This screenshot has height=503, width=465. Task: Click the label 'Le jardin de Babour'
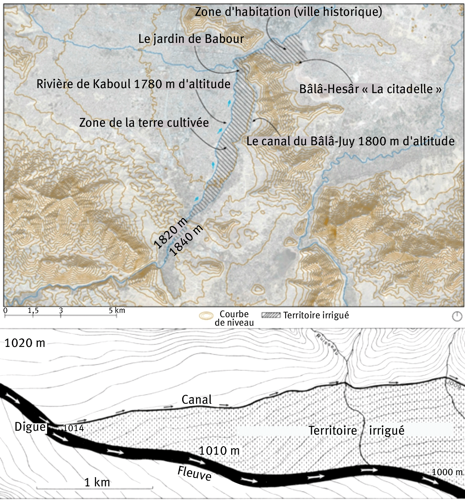coord(191,39)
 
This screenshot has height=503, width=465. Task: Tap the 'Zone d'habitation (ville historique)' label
coord(288,12)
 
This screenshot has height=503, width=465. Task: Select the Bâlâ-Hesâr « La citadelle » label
coord(370,89)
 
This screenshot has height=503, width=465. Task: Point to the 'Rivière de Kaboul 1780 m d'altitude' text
coord(134,84)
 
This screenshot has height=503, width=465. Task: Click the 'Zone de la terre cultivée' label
coord(144,122)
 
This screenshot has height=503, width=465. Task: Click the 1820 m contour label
coord(170,233)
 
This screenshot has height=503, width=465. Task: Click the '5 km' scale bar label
coord(117,310)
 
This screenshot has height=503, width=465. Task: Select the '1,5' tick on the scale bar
coord(33,311)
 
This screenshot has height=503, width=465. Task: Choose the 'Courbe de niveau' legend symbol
coord(206,316)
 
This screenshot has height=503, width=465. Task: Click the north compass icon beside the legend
coord(457,316)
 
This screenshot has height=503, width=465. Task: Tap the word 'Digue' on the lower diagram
coord(30,427)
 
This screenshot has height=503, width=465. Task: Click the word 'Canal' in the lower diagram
coord(196,399)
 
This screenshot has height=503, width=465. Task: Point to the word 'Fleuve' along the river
coord(194,473)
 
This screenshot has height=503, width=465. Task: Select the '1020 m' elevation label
coord(25,343)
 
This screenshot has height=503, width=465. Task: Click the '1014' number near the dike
coord(73,428)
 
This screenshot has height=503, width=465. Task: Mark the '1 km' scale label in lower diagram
coord(97,482)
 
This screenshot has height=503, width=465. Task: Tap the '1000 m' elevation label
coord(447,472)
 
